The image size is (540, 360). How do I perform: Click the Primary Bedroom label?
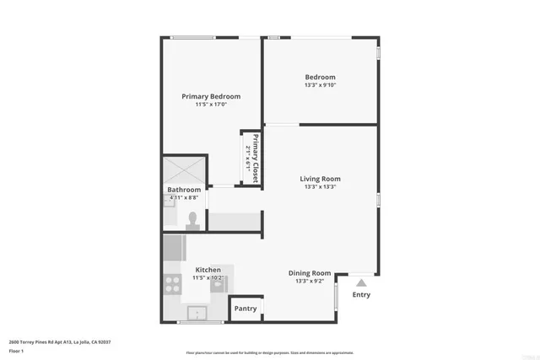tap(211, 96)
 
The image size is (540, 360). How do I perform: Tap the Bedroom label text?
tap(320, 77)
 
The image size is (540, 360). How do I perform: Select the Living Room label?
tap(320, 179)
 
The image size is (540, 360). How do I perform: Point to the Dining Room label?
tap(310, 273)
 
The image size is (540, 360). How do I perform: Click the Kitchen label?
tap(208, 270)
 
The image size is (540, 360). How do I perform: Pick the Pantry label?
tap(246, 309)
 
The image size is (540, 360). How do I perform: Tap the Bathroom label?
tap(184, 190)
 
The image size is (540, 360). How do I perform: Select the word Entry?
tap(361, 295)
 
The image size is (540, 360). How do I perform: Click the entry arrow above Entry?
tap(361, 283)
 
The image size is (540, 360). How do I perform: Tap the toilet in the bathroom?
tap(192, 220)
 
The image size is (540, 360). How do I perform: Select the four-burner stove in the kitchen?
tap(173, 285)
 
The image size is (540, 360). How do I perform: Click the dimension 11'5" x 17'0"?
tap(211, 105)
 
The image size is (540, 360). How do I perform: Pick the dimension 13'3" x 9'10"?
tap(320, 85)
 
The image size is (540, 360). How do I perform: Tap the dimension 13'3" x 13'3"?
tap(320, 187)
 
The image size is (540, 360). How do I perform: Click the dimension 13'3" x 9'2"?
tap(310, 281)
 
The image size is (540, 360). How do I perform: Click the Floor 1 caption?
tap(17, 350)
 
